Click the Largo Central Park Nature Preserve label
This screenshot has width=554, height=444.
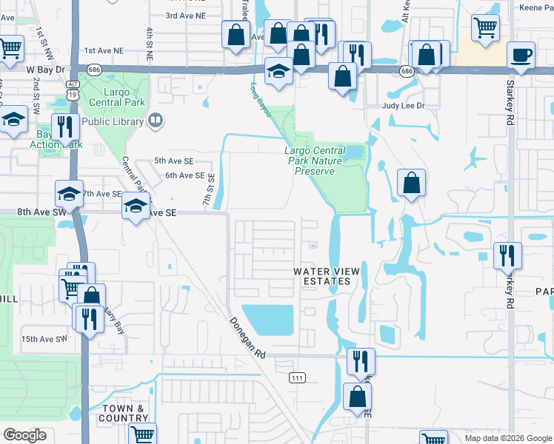coord(316,161)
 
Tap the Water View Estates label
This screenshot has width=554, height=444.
coord(327,276)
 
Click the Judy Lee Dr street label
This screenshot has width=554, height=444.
coord(403,106)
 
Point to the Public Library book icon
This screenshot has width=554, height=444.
coord(156,121)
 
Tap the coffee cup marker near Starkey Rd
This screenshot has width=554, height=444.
coord(520,55)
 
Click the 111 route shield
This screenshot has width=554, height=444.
coord(297,377)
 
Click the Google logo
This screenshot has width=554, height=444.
coord(24,435)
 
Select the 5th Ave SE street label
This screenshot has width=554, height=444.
coord(173,161)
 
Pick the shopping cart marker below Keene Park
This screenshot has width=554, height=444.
coord(485,27)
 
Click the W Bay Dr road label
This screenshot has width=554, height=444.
coord(47,69)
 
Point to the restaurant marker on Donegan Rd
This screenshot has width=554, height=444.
coord(361,362)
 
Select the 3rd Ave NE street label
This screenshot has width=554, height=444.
coord(184,15)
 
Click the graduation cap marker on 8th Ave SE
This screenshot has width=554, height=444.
coord(136,206)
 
